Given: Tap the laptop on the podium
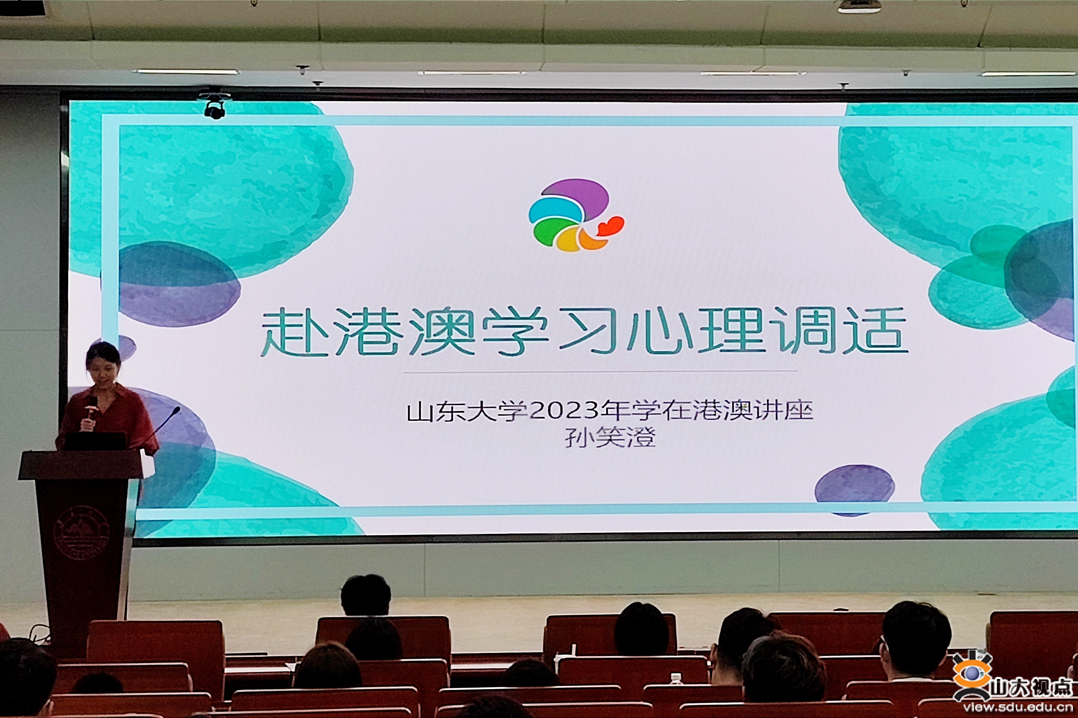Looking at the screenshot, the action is point(95,441).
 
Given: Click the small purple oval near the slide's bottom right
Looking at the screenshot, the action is point(854,489).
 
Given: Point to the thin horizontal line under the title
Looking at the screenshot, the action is point(600,372).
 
